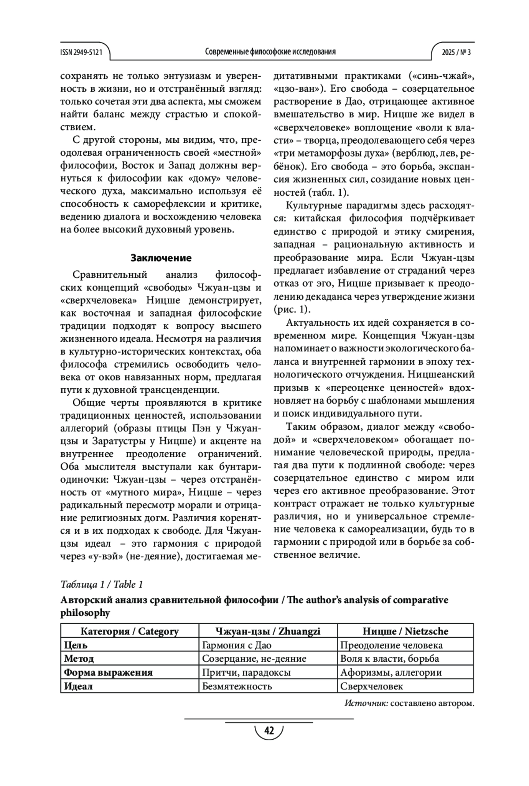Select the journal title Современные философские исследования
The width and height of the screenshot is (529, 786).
(270, 52)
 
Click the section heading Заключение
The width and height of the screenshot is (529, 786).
(161, 258)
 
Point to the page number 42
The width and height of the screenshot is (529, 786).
(269, 731)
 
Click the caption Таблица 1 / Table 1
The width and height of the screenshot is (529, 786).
(102, 584)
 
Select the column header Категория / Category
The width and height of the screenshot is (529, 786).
(130, 631)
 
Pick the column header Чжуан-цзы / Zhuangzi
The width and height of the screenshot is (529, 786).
(268, 631)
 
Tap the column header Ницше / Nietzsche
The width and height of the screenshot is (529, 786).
(405, 631)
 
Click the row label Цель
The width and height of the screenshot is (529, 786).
(76, 645)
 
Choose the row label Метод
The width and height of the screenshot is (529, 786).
(79, 659)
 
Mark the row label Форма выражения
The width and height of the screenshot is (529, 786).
(108, 673)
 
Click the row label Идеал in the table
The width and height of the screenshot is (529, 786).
(78, 686)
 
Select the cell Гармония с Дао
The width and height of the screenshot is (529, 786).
(237, 645)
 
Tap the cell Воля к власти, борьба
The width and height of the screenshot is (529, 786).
(390, 659)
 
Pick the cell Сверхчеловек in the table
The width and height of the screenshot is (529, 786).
(372, 686)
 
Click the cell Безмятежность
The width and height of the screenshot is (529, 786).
(237, 686)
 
